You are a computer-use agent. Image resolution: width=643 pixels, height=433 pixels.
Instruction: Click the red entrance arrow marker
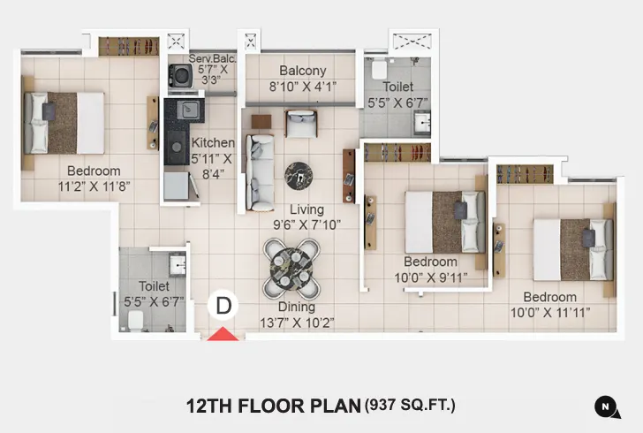223,334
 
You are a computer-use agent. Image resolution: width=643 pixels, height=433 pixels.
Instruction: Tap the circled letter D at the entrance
223,306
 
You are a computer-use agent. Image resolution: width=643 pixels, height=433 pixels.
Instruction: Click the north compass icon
606,406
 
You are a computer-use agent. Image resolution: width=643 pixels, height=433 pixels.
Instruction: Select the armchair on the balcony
300,123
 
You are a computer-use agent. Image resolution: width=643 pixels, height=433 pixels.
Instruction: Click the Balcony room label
303,71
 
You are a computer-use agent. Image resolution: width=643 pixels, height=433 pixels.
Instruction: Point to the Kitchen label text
214,143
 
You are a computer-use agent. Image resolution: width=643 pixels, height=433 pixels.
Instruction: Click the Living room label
307,209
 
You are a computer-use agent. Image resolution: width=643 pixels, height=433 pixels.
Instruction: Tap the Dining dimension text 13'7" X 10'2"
296,323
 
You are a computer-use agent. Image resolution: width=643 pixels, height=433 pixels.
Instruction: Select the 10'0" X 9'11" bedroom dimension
430,277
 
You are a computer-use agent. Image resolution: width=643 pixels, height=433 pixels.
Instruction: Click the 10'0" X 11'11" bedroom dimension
549,312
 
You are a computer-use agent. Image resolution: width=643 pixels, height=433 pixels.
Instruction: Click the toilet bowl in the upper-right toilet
377,68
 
